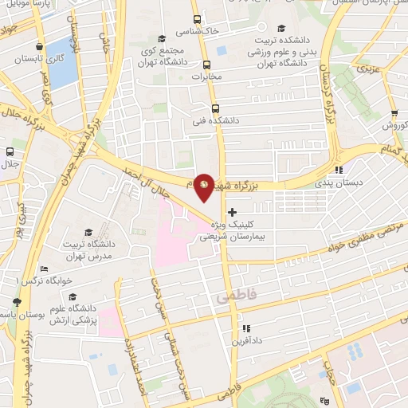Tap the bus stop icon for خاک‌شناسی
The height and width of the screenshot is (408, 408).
click(196, 20)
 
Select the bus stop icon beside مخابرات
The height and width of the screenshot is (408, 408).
click(207, 65)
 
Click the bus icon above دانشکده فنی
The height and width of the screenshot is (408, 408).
click(214, 108)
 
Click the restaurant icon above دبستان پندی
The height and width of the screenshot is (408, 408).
click(338, 169)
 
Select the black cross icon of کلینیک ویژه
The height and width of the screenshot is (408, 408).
click(232, 212)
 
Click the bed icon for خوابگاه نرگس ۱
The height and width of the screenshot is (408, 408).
click(44, 269)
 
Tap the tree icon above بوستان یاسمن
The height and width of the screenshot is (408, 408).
click(17, 302)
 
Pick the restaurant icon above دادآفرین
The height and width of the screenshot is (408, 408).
click(245, 328)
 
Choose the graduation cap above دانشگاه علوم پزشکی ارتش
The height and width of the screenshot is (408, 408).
click(73, 296)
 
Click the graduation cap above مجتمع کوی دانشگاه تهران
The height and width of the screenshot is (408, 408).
click(162, 38)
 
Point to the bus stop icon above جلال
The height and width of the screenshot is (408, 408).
click(10, 151)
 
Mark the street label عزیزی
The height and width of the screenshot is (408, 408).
click(368, 71)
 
